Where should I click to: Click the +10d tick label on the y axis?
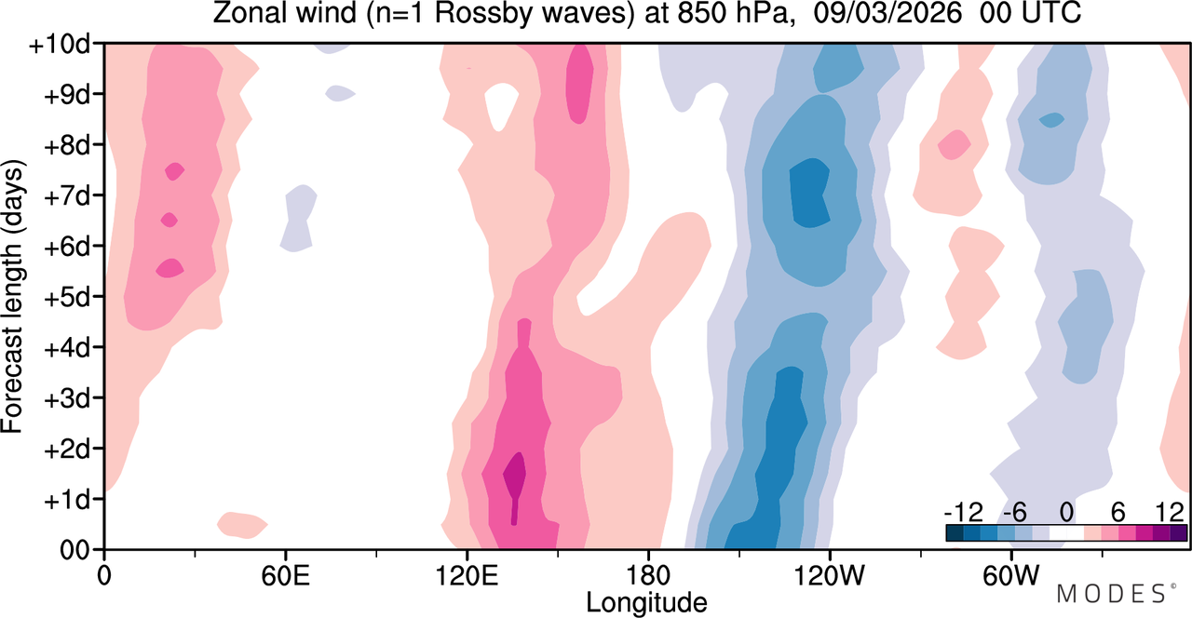pyautogui.click(x=59, y=45)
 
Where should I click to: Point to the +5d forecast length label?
pyautogui.click(x=66, y=298)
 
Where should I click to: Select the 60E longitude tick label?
pyautogui.click(x=286, y=575)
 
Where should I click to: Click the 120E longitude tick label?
pyautogui.click(x=467, y=575)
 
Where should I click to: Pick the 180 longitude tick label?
pyautogui.click(x=648, y=575)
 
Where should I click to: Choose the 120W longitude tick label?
pyautogui.click(x=830, y=575)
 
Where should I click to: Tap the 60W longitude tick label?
pyautogui.click(x=1011, y=575)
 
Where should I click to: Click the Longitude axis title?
pyautogui.click(x=646, y=603)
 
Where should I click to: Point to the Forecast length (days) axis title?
pyautogui.click(x=13, y=297)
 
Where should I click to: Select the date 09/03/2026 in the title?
pyautogui.click(x=887, y=13)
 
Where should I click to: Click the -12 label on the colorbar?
pyautogui.click(x=964, y=513)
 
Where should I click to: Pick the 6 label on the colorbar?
pyautogui.click(x=1118, y=513)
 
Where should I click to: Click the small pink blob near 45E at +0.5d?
pyautogui.click(x=241, y=524)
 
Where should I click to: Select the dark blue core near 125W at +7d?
pyautogui.click(x=809, y=193)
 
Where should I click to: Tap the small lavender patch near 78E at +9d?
pyautogui.click(x=340, y=93)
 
